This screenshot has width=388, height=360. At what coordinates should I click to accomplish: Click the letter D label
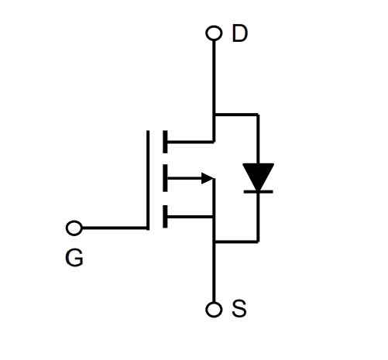[x=240, y=33]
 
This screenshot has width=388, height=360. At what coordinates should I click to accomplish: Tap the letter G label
[x=74, y=258]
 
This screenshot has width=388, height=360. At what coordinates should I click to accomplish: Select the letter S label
[x=239, y=308]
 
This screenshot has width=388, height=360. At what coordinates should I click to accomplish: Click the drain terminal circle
[x=214, y=33]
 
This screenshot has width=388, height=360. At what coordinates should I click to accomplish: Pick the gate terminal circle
[x=74, y=228]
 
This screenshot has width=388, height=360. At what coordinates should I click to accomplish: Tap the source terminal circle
[x=214, y=310]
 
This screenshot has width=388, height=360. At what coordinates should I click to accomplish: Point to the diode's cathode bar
[x=258, y=192]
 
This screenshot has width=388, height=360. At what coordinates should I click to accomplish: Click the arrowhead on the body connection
[x=208, y=178]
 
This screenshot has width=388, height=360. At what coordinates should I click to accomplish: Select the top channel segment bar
[x=165, y=142]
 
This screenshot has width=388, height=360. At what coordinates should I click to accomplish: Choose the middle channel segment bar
[x=165, y=178]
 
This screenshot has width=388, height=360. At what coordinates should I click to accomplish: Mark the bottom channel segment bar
[x=165, y=217]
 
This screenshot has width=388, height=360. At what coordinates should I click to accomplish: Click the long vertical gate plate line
[x=148, y=180]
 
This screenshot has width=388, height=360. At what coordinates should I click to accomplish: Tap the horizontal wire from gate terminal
[x=115, y=228]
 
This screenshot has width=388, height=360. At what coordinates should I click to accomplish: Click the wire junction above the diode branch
[x=214, y=114]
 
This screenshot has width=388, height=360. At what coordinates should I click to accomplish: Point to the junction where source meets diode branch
[x=214, y=242]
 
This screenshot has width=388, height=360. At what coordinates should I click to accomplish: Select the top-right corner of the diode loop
[x=258, y=114]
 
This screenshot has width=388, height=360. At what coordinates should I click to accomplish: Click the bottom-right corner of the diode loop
[x=258, y=242]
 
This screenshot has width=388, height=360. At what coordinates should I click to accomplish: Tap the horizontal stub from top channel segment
[x=191, y=142]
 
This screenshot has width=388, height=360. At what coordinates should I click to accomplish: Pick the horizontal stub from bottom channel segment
[x=191, y=217]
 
